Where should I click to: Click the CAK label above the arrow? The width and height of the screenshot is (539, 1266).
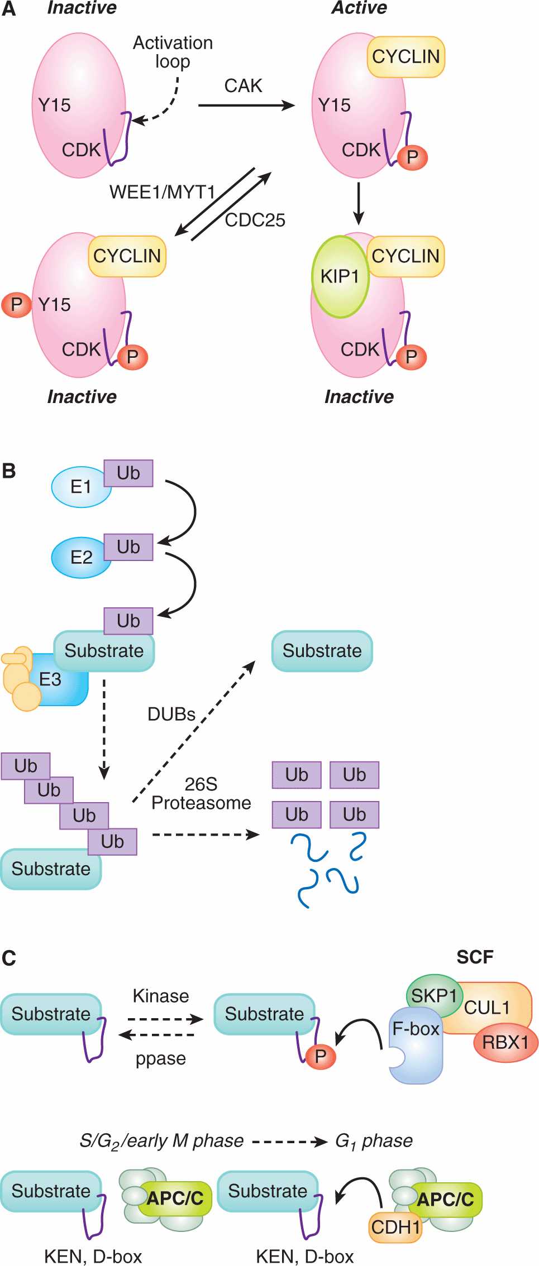243,86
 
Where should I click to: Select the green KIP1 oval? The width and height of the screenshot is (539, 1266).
340,276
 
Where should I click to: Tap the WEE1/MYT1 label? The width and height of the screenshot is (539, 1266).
162,192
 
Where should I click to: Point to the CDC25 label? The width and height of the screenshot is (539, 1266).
255,220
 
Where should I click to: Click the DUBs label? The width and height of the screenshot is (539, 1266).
171,714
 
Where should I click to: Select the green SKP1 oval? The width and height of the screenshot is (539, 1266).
434,996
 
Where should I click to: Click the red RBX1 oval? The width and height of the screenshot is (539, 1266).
505,1042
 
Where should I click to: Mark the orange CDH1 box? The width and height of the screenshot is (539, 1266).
395,1227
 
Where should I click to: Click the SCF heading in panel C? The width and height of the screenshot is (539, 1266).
475,957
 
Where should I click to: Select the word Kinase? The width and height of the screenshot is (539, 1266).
161,996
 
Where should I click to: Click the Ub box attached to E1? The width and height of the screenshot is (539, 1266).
128,473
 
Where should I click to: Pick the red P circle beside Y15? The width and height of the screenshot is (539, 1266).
16,305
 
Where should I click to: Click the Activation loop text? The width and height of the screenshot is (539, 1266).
173,52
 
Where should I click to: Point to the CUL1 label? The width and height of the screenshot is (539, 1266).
487,1008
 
